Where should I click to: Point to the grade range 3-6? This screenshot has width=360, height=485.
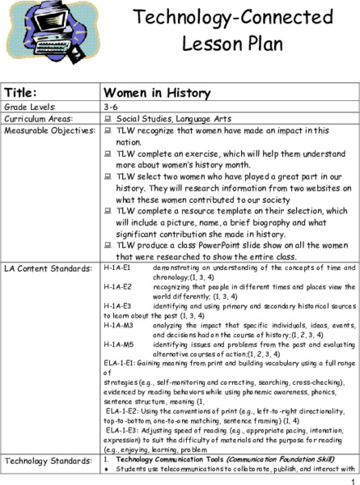(x=111, y=106)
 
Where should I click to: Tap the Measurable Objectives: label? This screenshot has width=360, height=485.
(x=49, y=130)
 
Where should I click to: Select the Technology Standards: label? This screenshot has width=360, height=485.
(x=44, y=460)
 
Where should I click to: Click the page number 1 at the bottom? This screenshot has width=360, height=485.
(x=354, y=479)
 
